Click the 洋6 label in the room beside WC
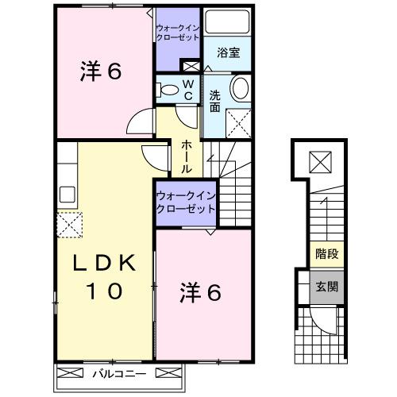click(x=100, y=71)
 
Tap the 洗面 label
click(x=215, y=102)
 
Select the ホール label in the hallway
click(x=186, y=156)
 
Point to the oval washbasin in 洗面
click(x=239, y=88)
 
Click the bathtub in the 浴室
click(x=229, y=21)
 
